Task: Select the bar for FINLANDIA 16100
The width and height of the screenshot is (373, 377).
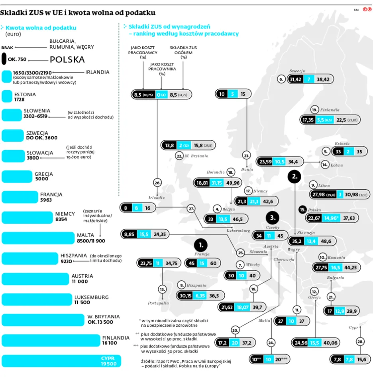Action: pos(50,340)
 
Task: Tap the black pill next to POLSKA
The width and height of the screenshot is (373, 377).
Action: pos(4,59)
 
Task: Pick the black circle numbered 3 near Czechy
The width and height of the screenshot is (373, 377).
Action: pos(273,218)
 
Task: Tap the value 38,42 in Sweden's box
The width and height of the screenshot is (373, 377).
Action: pos(323,79)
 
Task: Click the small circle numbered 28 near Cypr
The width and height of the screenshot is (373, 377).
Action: pos(360,342)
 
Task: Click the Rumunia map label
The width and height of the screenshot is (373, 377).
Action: pos(337,258)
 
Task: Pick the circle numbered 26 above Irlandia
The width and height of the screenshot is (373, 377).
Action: pos(157,183)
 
